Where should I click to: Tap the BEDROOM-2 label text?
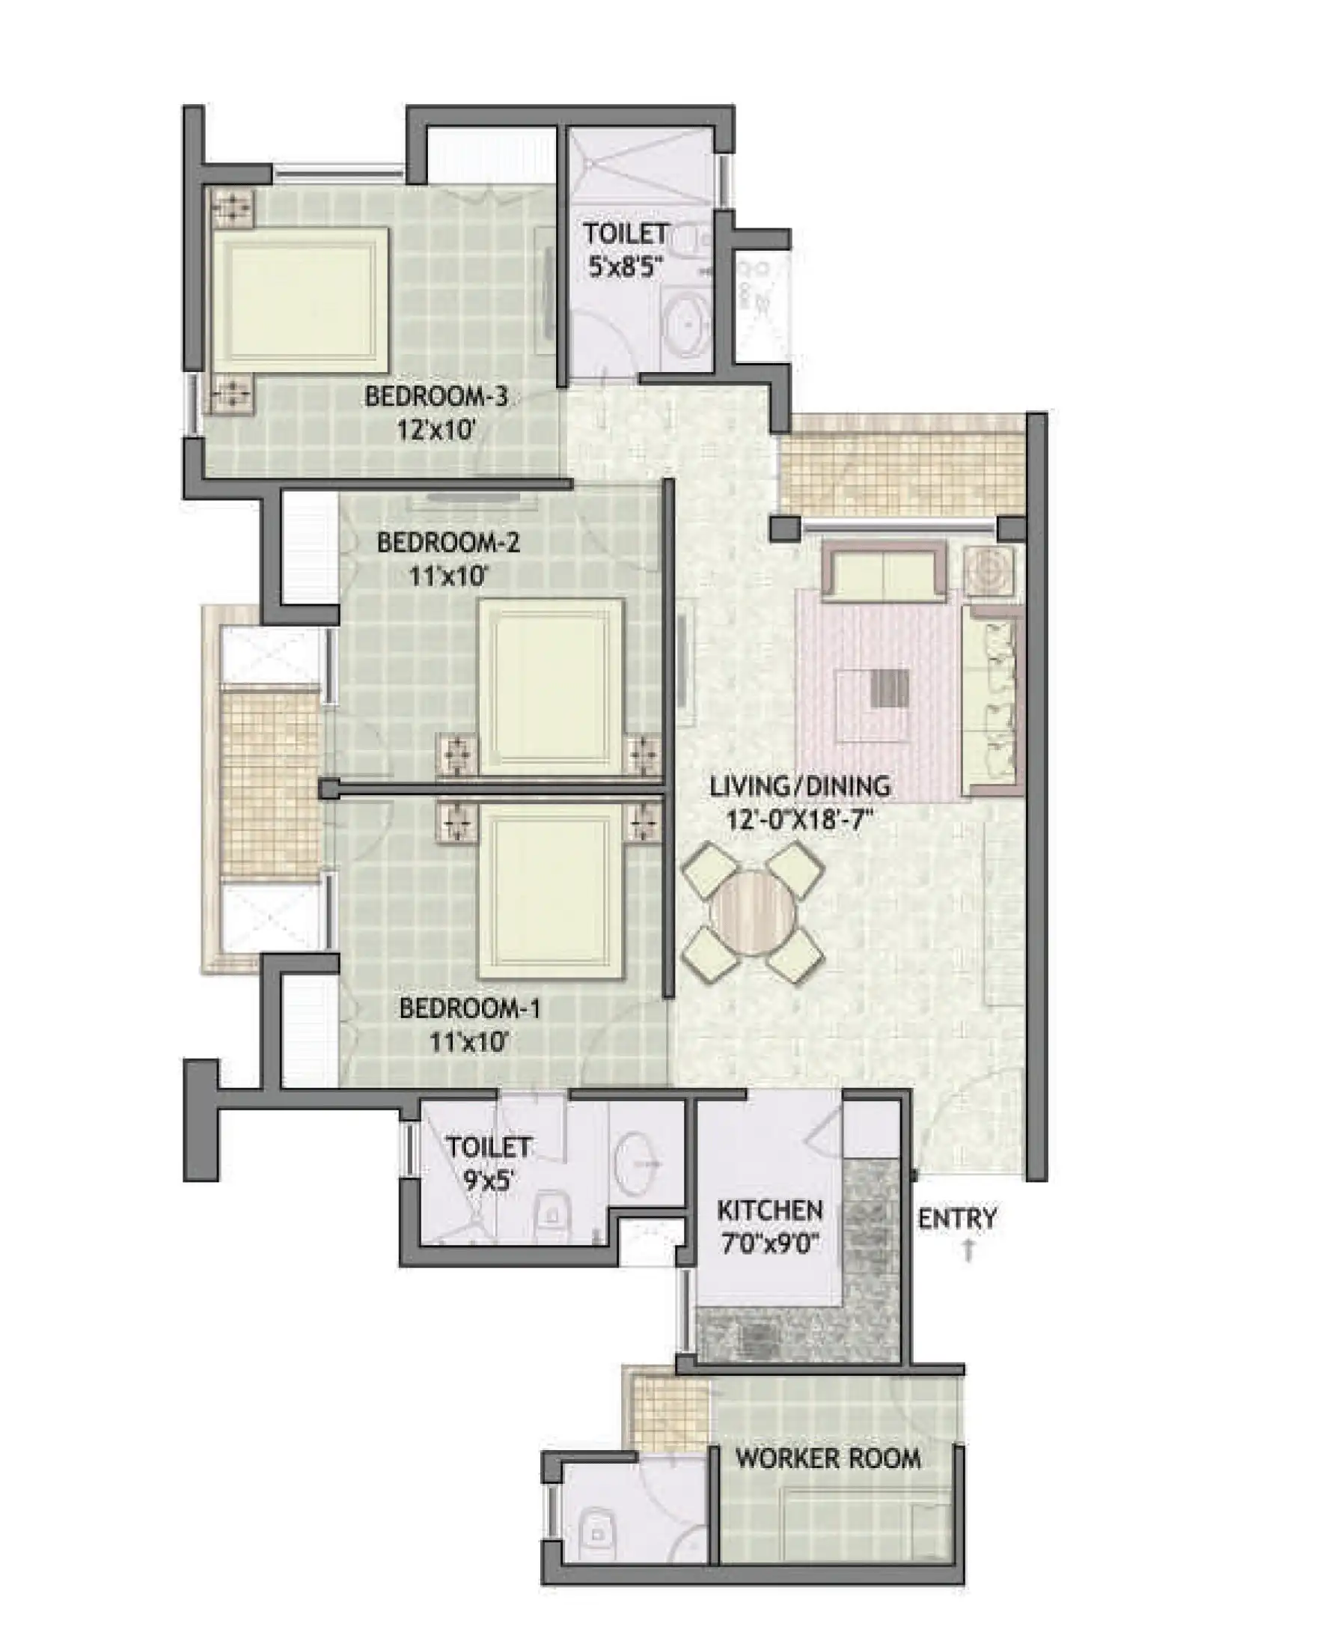coord(449,543)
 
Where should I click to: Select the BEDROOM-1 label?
coord(470,1008)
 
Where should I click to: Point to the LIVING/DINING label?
coord(800,785)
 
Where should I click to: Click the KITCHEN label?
coord(769,1211)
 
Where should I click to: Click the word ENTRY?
coord(958,1217)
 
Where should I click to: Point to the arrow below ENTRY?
coord(968,1251)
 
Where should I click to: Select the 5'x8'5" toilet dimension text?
coord(626,267)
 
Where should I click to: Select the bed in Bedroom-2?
coord(551,687)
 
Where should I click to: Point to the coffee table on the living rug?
coord(873,704)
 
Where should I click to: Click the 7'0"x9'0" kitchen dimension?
coord(769,1244)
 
